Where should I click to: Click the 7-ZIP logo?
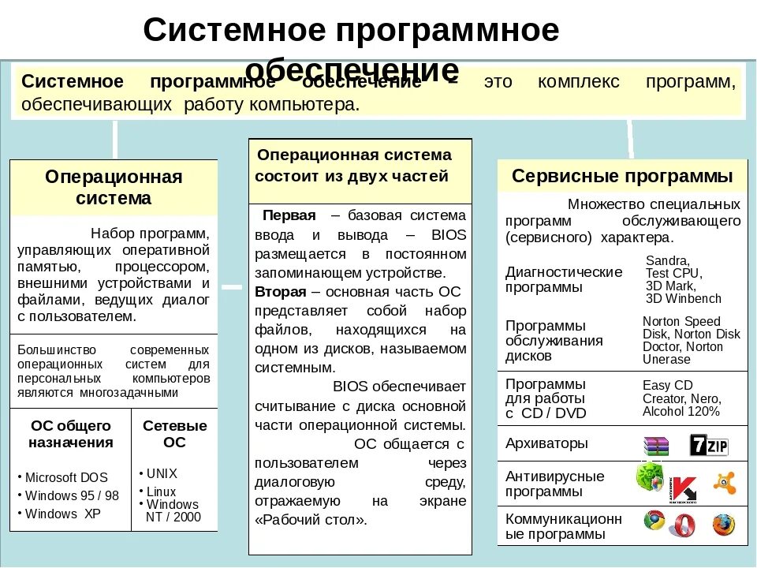point(708,445)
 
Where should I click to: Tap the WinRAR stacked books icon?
point(654,447)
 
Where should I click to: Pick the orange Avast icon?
point(724,482)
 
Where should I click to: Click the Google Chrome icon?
point(654,521)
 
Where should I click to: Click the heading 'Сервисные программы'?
point(622,175)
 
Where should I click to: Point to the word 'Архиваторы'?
point(546,443)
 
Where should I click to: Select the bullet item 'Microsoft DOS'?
point(65,477)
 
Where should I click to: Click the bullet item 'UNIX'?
point(162,474)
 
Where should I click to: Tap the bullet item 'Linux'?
point(161,491)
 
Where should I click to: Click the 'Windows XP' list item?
point(62,514)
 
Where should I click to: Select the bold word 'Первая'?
point(289,215)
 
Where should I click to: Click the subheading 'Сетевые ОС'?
point(174,434)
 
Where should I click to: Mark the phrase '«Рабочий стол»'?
point(311,520)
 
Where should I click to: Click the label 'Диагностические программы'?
point(563,279)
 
